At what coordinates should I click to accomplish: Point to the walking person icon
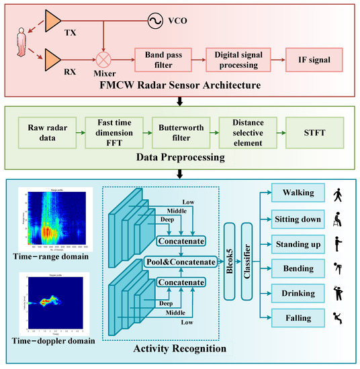pyautogui.click(x=338, y=194)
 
